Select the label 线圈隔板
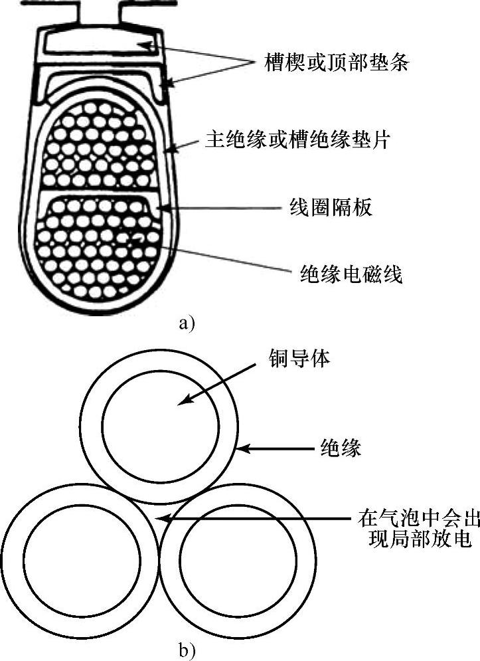[330, 207]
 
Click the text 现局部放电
[415, 539]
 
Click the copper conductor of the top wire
[162, 425]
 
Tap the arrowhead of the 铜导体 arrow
[183, 401]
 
